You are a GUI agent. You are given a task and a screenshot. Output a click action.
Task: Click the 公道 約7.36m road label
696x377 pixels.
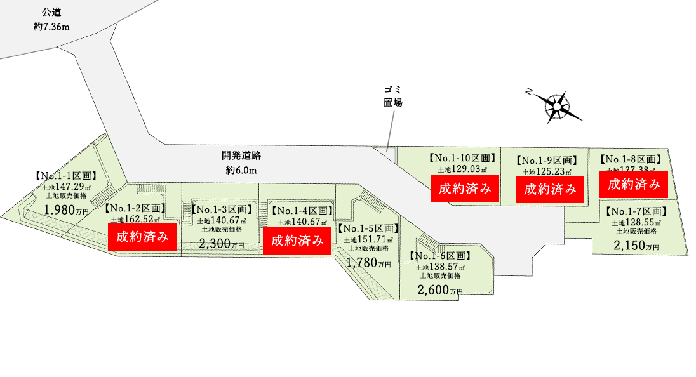pyautogui.click(x=53, y=20)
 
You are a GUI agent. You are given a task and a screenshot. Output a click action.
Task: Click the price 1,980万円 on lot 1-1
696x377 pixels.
pyautogui.click(x=64, y=209)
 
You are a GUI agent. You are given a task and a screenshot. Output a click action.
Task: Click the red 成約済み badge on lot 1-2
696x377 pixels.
pyautogui.click(x=142, y=237)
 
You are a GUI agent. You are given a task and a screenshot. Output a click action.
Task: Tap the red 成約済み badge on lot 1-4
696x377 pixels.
pyautogui.click(x=297, y=241)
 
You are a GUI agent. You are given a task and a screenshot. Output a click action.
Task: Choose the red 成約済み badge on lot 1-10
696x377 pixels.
pyautogui.click(x=464, y=188)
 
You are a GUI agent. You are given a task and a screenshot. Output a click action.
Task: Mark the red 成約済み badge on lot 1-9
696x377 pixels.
pyautogui.click(x=549, y=189)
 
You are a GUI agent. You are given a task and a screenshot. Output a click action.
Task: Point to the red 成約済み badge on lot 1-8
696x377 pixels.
pyautogui.click(x=634, y=185)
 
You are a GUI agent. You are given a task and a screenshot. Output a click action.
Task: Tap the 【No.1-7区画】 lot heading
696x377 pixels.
pyautogui.click(x=636, y=211)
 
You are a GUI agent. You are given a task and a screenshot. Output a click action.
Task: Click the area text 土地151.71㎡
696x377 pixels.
pyautogui.click(x=368, y=240)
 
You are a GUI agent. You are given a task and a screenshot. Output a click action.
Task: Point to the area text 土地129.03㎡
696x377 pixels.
pyautogui.click(x=462, y=169)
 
